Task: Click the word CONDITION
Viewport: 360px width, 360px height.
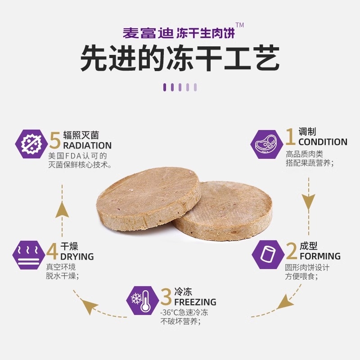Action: point(323,142)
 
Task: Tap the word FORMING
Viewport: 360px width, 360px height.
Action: point(320,256)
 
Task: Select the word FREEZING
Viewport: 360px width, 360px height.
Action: point(195,301)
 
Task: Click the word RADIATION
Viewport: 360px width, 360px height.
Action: point(87,145)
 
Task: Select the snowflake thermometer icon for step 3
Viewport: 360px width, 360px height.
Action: point(142,300)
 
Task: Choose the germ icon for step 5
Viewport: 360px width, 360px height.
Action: point(31,143)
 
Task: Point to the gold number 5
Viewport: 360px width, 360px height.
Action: point(55,141)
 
